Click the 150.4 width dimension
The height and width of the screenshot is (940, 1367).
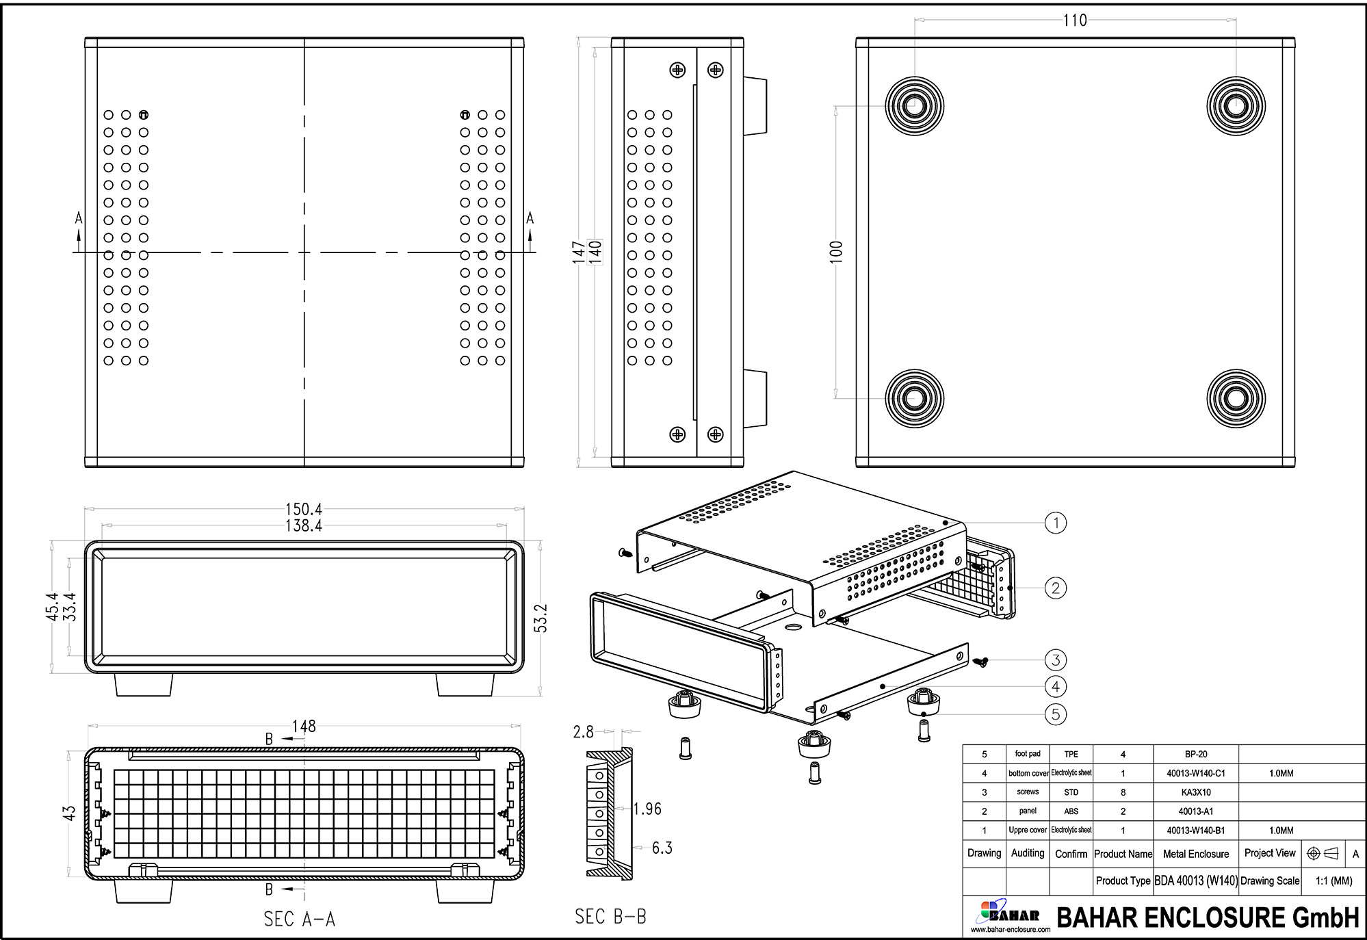pyautogui.click(x=303, y=509)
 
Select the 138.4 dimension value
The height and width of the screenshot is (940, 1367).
pyautogui.click(x=303, y=525)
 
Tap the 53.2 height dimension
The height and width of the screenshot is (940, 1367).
pyautogui.click(x=541, y=618)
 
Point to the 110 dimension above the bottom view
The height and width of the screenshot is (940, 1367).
pyautogui.click(x=1075, y=21)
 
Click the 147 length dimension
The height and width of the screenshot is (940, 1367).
pyautogui.click(x=580, y=252)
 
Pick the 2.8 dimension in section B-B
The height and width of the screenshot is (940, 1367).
pyautogui.click(x=583, y=732)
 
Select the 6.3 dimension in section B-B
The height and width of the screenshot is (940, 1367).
pyautogui.click(x=662, y=848)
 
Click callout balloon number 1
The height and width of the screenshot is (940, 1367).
pyautogui.click(x=1056, y=523)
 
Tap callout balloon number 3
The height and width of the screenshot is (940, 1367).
pyautogui.click(x=1056, y=660)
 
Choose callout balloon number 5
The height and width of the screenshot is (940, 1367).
pyautogui.click(x=1056, y=714)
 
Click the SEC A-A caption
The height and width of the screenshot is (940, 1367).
pyautogui.click(x=299, y=919)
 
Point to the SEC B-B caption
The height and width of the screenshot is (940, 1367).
pyautogui.click(x=610, y=916)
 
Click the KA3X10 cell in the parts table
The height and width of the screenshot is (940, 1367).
pyautogui.click(x=1195, y=792)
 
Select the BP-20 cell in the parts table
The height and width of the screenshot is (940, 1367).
pyautogui.click(x=1195, y=754)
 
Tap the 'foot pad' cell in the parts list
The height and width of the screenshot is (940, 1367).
pyautogui.click(x=1027, y=754)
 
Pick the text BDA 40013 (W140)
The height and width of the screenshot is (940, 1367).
pyautogui.click(x=1195, y=880)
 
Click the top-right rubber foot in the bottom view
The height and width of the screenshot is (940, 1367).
pyautogui.click(x=1236, y=106)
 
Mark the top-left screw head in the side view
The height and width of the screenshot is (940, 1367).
pyautogui.click(x=677, y=70)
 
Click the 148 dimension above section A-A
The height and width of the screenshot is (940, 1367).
pyautogui.click(x=303, y=726)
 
